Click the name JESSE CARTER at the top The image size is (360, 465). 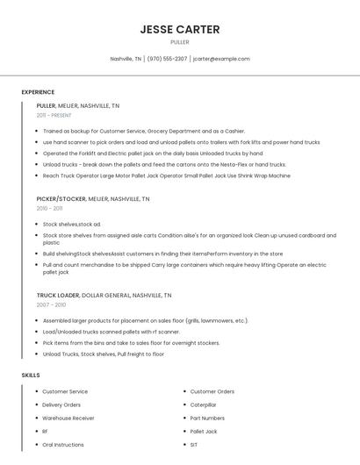pos(179,30)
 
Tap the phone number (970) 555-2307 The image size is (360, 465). pos(167,59)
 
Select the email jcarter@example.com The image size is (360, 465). pos(221,59)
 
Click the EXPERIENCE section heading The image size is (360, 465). pos(38,92)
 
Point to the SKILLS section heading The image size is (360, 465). pos(31,376)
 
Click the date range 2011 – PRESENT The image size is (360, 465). pos(54,115)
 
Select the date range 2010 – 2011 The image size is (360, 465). pos(49,209)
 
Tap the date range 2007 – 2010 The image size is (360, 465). pos(51,305)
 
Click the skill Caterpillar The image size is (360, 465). pos(203,404)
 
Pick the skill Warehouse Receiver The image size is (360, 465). pos(68,418)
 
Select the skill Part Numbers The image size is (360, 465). pos(207,418)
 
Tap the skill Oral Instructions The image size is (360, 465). pos(63,445)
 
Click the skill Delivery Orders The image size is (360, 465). pos(61,404)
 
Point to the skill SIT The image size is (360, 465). pos(194,445)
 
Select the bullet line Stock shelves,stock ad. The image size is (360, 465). pos(72,225)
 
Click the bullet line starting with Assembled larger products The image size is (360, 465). pos(145,320)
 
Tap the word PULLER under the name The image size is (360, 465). pos(179,42)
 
